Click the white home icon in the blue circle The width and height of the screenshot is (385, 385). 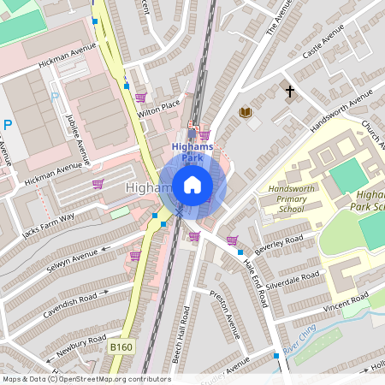(x=192, y=185)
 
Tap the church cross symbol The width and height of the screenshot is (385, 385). (x=290, y=90)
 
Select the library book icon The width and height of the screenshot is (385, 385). (x=246, y=112)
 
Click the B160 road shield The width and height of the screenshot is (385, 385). (x=121, y=347)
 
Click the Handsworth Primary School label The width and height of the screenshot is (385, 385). (x=285, y=198)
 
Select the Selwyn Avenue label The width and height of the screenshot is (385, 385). (x=72, y=258)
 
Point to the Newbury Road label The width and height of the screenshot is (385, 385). (x=75, y=343)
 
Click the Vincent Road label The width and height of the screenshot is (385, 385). (x=346, y=301)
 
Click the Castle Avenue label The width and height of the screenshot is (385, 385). (x=323, y=49)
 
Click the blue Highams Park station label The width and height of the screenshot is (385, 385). (x=192, y=151)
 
